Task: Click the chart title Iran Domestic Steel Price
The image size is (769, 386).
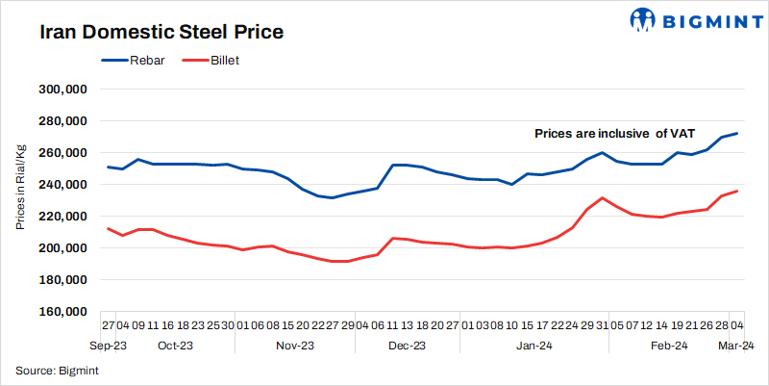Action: (x=161, y=32)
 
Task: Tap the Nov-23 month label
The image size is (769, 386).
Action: (x=295, y=345)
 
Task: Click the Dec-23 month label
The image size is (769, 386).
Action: (x=407, y=345)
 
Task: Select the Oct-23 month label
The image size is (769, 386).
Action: (x=176, y=345)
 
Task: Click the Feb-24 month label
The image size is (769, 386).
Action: (x=669, y=345)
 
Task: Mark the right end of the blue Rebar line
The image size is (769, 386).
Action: (x=737, y=134)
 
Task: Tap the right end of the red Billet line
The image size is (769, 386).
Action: (x=737, y=191)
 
